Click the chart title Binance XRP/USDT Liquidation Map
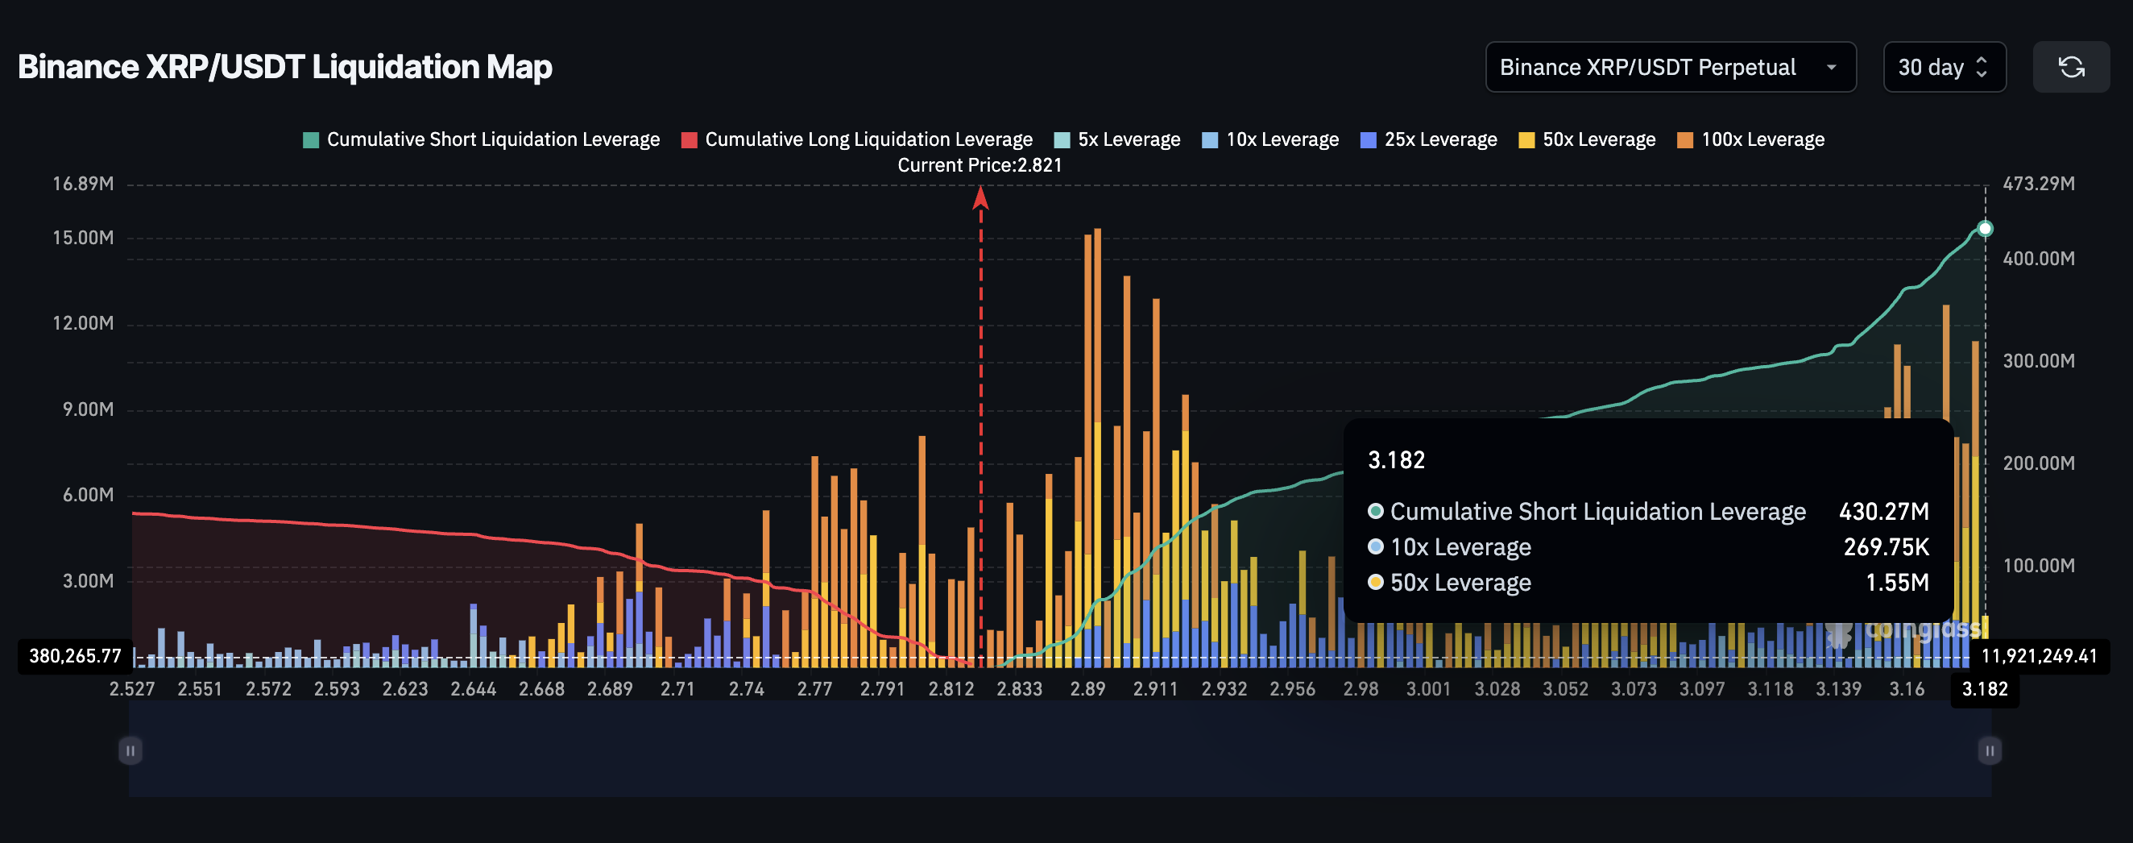pyautogui.click(x=285, y=67)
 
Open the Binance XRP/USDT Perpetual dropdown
pyautogui.click(x=1669, y=67)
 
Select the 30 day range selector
pyautogui.click(x=1943, y=67)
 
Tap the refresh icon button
pyautogui.click(x=2071, y=67)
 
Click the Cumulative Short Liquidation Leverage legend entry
pyautogui.click(x=482, y=139)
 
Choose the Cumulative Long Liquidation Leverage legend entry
pyautogui.click(x=857, y=139)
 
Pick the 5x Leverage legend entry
pyautogui.click(x=1118, y=139)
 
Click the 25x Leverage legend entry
pyautogui.click(x=1429, y=139)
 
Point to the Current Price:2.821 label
pyautogui.click(x=980, y=164)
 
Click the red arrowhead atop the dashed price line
pyautogui.click(x=981, y=197)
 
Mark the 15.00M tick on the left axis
pyautogui.click(x=83, y=238)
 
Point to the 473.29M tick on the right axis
pyautogui.click(x=2039, y=183)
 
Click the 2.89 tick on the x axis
pyautogui.click(x=1087, y=689)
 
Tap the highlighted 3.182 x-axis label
pyautogui.click(x=1985, y=689)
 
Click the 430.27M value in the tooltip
pyautogui.click(x=1884, y=512)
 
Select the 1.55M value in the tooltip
pyautogui.click(x=1897, y=583)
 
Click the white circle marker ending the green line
pyautogui.click(x=1985, y=229)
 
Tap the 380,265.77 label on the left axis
pyautogui.click(x=76, y=656)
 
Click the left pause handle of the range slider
pyautogui.click(x=130, y=751)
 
